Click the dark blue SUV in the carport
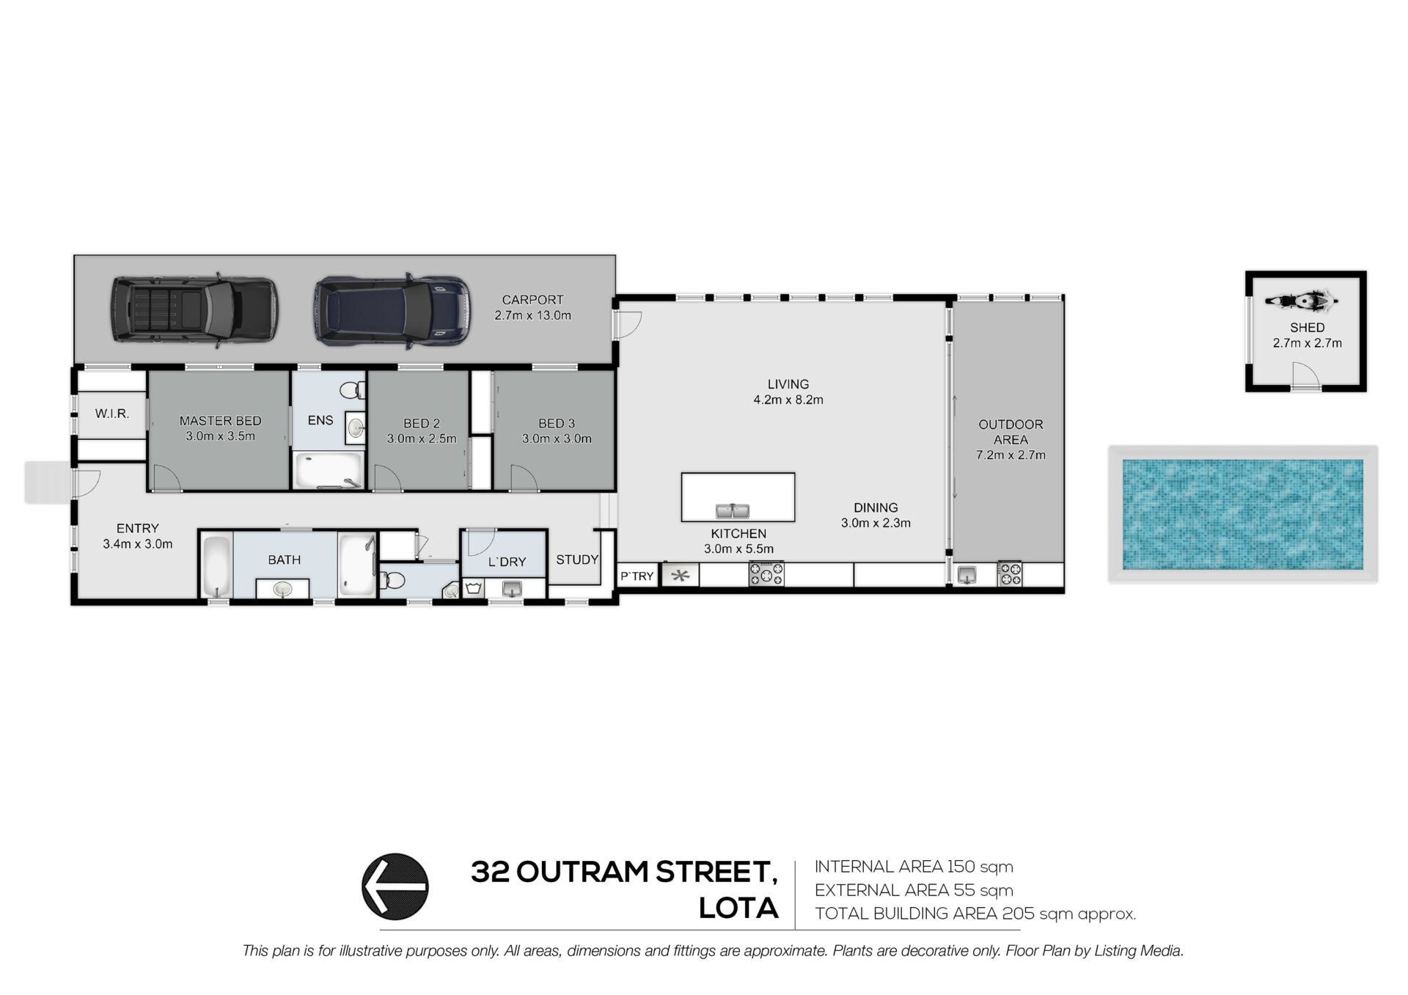click(x=392, y=309)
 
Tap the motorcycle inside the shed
click(x=1302, y=301)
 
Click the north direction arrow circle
click(x=395, y=886)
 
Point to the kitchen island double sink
click(x=732, y=511)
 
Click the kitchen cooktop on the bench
click(x=766, y=573)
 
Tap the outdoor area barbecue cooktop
click(x=1010, y=573)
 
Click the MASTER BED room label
click(x=221, y=421)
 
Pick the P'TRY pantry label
click(x=637, y=576)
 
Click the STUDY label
click(x=577, y=559)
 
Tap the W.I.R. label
click(x=112, y=414)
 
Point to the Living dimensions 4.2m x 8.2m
click(x=788, y=400)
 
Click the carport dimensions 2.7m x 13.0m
click(x=533, y=315)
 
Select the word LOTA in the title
click(x=738, y=908)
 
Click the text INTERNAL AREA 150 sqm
click(x=914, y=867)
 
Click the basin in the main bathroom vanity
click(x=282, y=588)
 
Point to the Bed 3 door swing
click(x=524, y=477)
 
